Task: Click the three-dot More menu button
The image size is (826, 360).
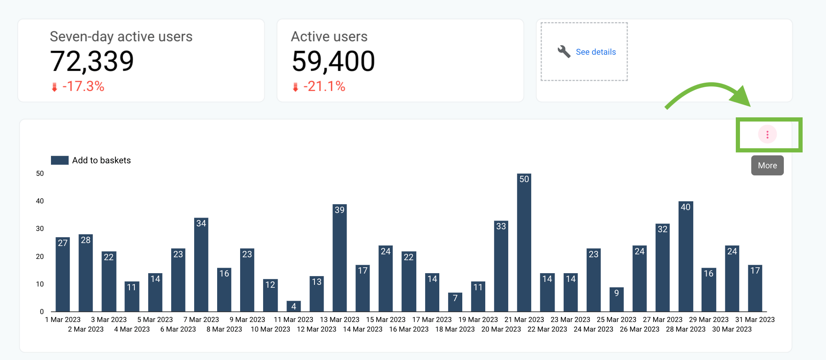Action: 767,134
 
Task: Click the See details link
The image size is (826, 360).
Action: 595,52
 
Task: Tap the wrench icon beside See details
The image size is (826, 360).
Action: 564,51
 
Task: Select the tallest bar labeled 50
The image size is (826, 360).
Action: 524,242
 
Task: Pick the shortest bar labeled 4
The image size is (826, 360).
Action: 294,306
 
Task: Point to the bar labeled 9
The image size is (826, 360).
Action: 616,299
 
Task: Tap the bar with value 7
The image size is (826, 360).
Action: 455,302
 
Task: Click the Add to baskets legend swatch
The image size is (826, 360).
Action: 60,160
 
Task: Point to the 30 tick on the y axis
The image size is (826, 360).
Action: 40,228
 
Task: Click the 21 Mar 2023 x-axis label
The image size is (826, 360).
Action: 524,319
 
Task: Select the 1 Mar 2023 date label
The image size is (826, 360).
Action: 63,319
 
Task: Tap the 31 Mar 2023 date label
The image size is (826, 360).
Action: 755,319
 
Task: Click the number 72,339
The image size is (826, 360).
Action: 92,61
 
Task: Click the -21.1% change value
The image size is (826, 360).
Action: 324,86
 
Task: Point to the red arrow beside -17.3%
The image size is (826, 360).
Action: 54,87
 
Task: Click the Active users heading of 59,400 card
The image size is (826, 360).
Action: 329,37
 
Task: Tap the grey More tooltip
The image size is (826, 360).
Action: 767,165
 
